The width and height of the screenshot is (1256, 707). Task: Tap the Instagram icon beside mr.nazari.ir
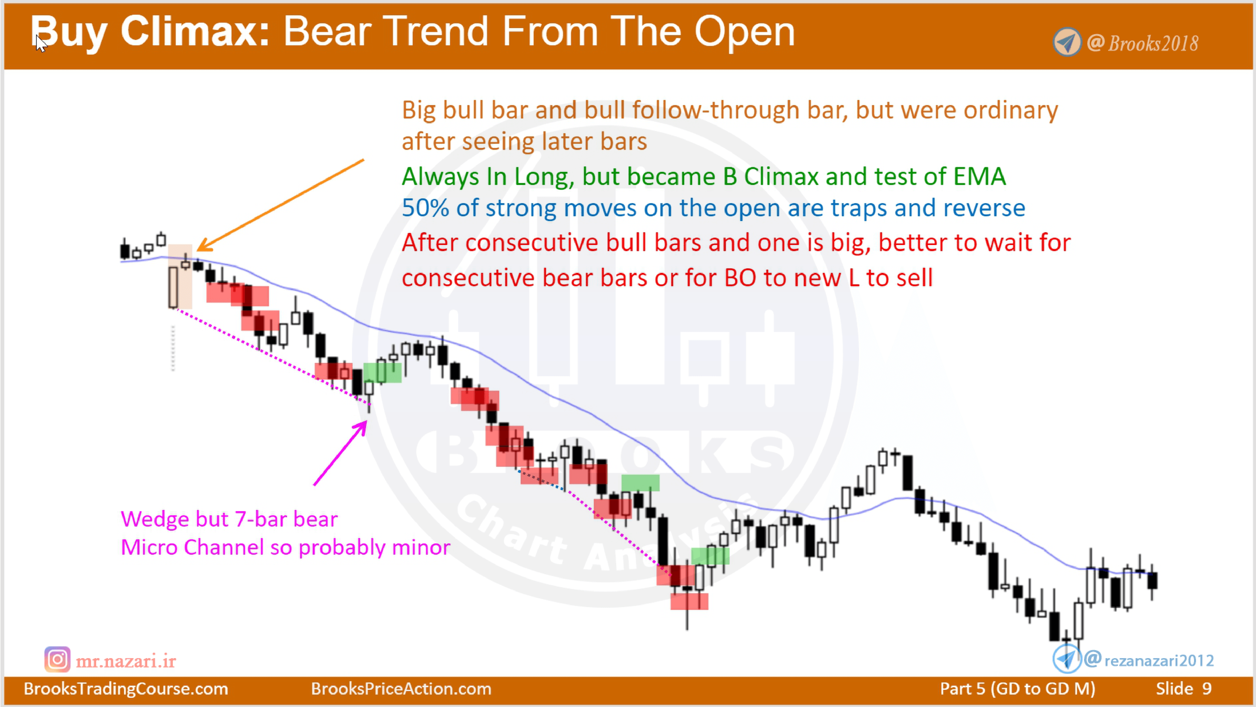pos(57,660)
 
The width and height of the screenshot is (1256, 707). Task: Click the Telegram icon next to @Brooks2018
pos(1066,43)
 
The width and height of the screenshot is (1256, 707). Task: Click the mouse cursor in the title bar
pos(41,43)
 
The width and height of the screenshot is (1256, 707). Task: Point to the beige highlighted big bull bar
pos(174,288)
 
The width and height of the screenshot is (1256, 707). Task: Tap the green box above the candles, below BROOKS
pos(640,483)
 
